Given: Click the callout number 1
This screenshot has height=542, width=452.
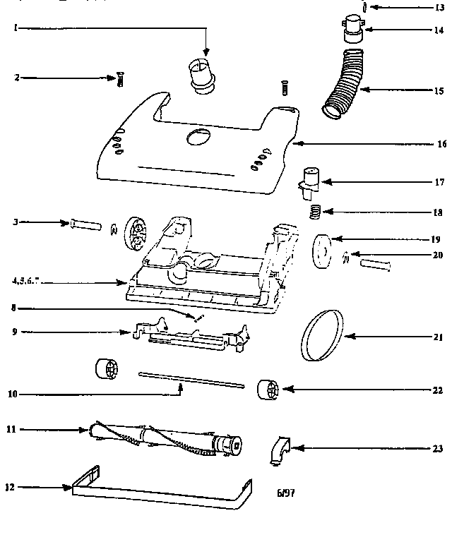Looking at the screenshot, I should [15, 28].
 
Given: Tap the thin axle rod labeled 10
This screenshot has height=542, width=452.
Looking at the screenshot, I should [191, 380].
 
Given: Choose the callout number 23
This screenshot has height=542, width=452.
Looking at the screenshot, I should [439, 447].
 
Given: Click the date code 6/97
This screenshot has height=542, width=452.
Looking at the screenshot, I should [286, 493].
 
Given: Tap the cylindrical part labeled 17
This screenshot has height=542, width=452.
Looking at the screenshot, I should [309, 179].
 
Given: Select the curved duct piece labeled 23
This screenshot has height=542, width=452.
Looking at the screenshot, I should [280, 450].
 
